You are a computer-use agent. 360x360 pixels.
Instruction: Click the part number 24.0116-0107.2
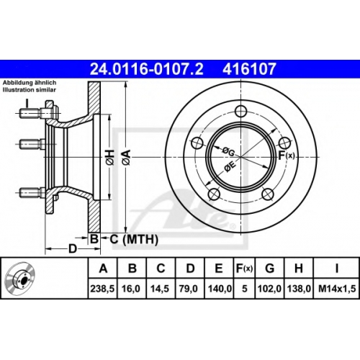pos(146,69)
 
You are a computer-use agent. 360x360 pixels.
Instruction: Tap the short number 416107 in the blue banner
pos(249,69)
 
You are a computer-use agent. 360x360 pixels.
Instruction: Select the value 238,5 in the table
pos(102,289)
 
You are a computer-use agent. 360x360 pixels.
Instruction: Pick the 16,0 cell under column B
pos(131,289)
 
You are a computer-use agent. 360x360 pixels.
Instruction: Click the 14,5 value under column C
pos(160,289)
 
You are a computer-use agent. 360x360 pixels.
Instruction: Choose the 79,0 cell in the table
pos(189,289)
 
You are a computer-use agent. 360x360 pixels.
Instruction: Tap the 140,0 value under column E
pos(220,289)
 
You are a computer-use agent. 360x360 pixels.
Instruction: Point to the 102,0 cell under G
pos(269,289)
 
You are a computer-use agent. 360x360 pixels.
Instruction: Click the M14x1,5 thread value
pos(337,289)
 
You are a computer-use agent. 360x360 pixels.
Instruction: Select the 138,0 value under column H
pos(299,289)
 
